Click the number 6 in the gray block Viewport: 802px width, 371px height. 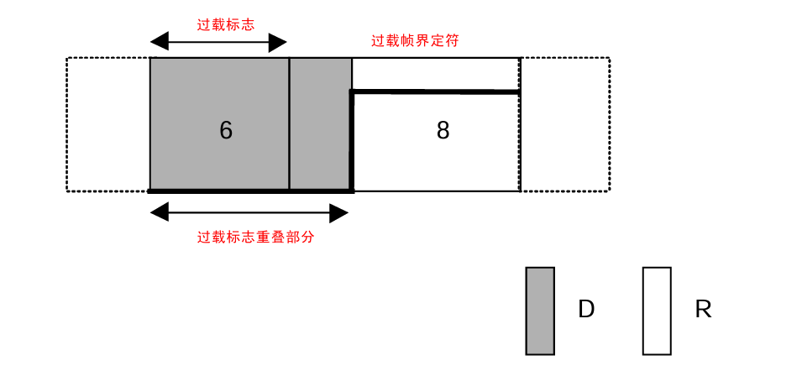(225, 130)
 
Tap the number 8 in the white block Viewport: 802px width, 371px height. (443, 130)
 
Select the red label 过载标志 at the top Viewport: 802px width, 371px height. (226, 24)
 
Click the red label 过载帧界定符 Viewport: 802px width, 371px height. (415, 40)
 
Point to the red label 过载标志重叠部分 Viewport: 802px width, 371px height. (255, 238)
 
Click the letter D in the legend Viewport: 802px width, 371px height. (586, 310)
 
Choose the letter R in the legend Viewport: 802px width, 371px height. (703, 310)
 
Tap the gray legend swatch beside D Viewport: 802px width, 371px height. (540, 311)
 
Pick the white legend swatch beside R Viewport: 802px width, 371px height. (657, 311)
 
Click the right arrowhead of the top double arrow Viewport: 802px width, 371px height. (278, 42)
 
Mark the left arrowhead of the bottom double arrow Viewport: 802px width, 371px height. (159, 213)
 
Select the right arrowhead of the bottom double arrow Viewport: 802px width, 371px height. (339, 213)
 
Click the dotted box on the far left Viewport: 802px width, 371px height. (108, 124)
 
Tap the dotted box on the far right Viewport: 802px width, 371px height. (565, 124)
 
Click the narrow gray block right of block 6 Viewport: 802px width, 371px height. (320, 124)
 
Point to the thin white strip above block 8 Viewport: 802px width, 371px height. (435, 74)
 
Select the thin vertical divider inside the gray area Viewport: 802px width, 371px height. (289, 124)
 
